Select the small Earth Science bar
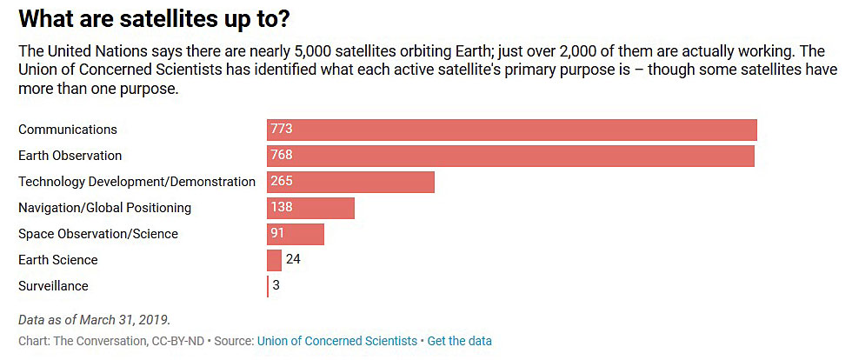[x=274, y=260]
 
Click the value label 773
[x=281, y=130]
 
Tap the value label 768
[x=281, y=156]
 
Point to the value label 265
[x=281, y=182]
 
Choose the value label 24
[x=293, y=259]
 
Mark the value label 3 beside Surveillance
[x=276, y=285]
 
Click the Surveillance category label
[x=53, y=286]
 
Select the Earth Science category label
[x=58, y=260]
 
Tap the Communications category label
[x=68, y=130]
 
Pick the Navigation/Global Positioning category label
[x=104, y=208]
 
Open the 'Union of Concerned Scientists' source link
[x=336, y=341]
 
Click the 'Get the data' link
[x=459, y=341]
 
